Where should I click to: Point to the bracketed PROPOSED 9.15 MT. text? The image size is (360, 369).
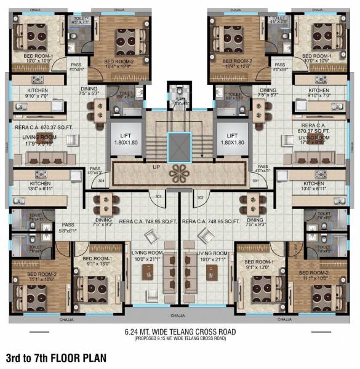tap(180, 338)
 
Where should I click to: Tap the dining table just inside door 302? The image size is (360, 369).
tap(254, 204)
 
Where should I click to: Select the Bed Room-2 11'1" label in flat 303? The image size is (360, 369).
tap(40, 276)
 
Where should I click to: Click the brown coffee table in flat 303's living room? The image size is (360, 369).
tap(154, 272)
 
